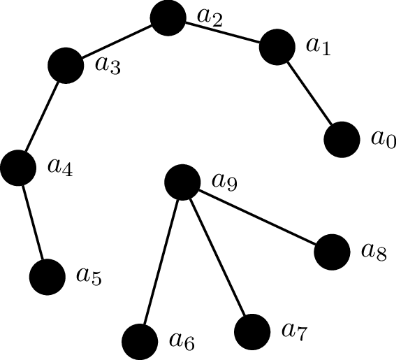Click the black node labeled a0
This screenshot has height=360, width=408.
point(342,140)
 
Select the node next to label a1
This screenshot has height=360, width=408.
point(277,47)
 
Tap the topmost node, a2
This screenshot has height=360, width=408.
point(168,17)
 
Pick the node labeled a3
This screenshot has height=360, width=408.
point(66,66)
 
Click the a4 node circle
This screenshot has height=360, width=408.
point(18,168)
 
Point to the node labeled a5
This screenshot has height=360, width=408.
point(48,277)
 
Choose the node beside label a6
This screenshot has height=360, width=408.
point(140,342)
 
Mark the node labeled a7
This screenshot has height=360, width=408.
point(252,332)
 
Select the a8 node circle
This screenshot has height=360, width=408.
point(332,252)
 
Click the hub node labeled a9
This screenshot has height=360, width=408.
point(182,182)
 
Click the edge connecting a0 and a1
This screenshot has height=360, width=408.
point(309,93)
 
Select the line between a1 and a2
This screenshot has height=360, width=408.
point(223,33)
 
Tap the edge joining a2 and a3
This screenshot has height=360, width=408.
point(117,42)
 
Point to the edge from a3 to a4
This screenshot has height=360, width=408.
point(42,117)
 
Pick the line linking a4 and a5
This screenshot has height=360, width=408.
point(33,222)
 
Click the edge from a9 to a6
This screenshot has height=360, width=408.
point(161,262)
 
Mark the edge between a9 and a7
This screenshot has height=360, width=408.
point(217,257)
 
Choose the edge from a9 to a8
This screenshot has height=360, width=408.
point(257,217)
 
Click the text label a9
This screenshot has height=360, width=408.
point(224,182)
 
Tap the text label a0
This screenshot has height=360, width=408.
point(384,140)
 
